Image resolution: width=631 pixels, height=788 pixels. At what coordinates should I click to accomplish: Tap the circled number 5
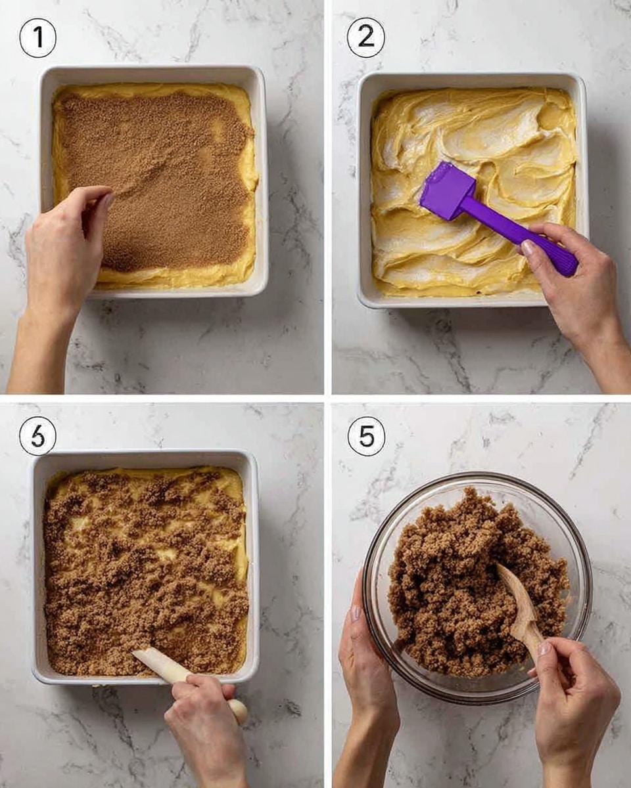tap(365, 436)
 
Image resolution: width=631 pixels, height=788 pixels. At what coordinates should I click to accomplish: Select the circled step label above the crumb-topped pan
tap(37, 436)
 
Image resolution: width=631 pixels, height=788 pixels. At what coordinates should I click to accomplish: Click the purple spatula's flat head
tap(448, 191)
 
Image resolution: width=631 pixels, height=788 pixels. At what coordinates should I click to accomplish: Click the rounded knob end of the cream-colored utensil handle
tap(239, 711)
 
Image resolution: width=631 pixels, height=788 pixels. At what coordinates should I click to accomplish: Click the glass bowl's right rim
tap(589, 578)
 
